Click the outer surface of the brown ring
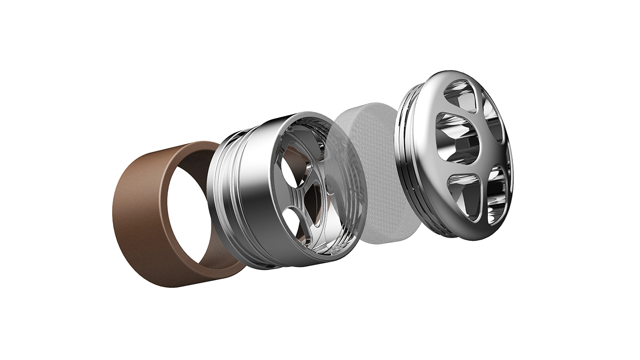coord(141,220)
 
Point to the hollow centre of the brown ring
coord(197,206)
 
